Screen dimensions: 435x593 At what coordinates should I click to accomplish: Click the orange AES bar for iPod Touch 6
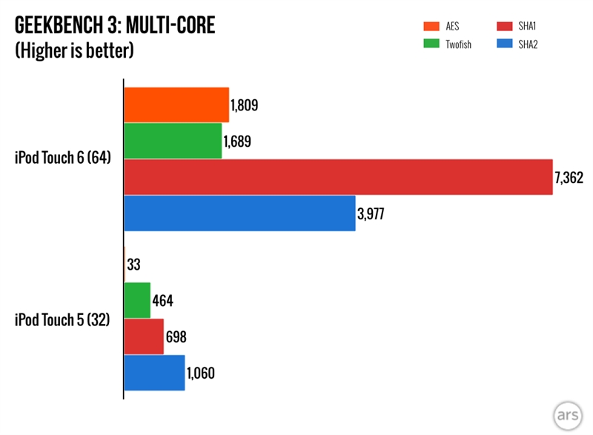[x=176, y=104]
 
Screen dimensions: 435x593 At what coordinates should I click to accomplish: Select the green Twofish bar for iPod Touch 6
[x=173, y=141]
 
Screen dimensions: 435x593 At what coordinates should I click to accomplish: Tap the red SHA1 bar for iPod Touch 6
[x=338, y=177]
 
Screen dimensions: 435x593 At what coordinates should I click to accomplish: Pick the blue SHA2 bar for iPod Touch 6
[x=239, y=213]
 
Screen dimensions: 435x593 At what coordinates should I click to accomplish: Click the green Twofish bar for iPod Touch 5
[x=137, y=300]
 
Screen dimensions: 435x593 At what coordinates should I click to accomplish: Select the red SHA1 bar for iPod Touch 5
[x=144, y=336]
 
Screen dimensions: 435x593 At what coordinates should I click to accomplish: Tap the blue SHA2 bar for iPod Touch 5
[x=154, y=373]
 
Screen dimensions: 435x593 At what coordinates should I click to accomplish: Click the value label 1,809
[x=244, y=105]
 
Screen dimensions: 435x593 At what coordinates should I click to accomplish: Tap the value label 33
[x=135, y=265]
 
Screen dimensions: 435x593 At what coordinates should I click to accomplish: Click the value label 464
[x=163, y=301]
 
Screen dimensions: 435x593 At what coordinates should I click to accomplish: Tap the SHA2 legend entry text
[x=529, y=44]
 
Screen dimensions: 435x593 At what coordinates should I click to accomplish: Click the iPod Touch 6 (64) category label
[x=63, y=159]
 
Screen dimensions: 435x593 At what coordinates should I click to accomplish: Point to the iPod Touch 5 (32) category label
[x=63, y=319]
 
